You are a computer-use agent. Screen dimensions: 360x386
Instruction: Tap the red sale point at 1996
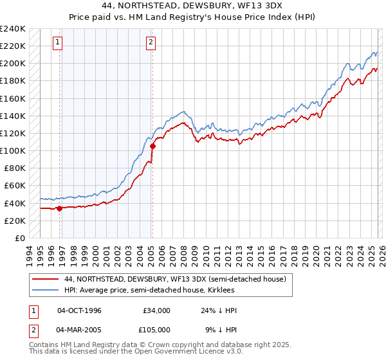[x=59, y=208]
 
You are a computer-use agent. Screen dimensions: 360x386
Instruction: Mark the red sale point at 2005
[x=152, y=146]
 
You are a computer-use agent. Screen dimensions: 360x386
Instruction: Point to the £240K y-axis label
[x=12, y=29]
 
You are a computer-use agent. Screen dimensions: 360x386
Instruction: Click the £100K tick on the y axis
[x=12, y=150]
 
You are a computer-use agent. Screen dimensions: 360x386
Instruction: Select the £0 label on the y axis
[x=20, y=238]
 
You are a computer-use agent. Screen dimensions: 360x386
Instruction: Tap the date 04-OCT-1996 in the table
[x=79, y=310]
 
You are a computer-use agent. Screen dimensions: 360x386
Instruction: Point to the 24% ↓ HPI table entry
[x=219, y=310]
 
